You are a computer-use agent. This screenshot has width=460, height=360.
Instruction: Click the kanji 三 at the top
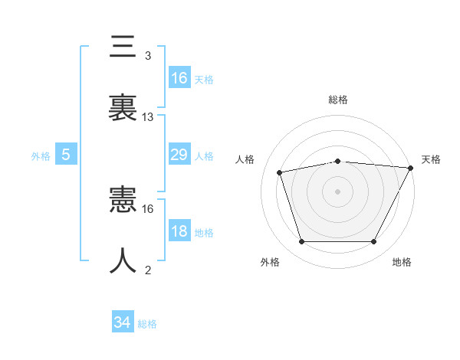pos(123,46)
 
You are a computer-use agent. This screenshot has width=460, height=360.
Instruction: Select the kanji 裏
pos(123,107)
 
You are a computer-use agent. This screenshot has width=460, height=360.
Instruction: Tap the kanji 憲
pos(123,199)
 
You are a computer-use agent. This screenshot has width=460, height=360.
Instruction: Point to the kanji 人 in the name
pos(123,260)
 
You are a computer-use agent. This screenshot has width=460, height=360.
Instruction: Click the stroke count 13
pos(147,117)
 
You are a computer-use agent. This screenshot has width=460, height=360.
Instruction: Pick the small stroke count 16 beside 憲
pos(147,209)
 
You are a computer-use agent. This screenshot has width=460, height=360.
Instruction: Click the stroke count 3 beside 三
pos(148,56)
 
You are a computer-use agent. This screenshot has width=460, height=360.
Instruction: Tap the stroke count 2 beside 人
pos(148,270)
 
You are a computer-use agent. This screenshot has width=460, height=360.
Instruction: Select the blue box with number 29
pos(179,154)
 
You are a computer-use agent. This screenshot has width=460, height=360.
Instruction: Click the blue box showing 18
pos(179,230)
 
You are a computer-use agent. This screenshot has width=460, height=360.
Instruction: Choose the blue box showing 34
pos(123,321)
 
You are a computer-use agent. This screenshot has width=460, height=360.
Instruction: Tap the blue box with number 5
pos(66,154)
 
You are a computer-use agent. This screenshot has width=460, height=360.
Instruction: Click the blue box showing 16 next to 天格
pos(179,77)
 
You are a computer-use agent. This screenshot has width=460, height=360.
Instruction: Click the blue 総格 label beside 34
pos(147,324)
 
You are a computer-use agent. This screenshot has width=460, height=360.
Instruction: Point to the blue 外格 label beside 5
pos(41,156)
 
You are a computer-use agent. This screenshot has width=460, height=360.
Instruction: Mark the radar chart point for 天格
pos(411,168)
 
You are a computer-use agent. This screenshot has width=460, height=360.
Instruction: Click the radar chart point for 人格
pos(279,172)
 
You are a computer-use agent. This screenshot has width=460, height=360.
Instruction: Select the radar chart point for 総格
pos(337,162)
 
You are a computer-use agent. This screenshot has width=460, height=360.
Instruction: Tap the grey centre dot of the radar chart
pos(337,192)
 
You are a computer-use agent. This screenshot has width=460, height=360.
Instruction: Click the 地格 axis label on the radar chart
pos(402,262)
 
